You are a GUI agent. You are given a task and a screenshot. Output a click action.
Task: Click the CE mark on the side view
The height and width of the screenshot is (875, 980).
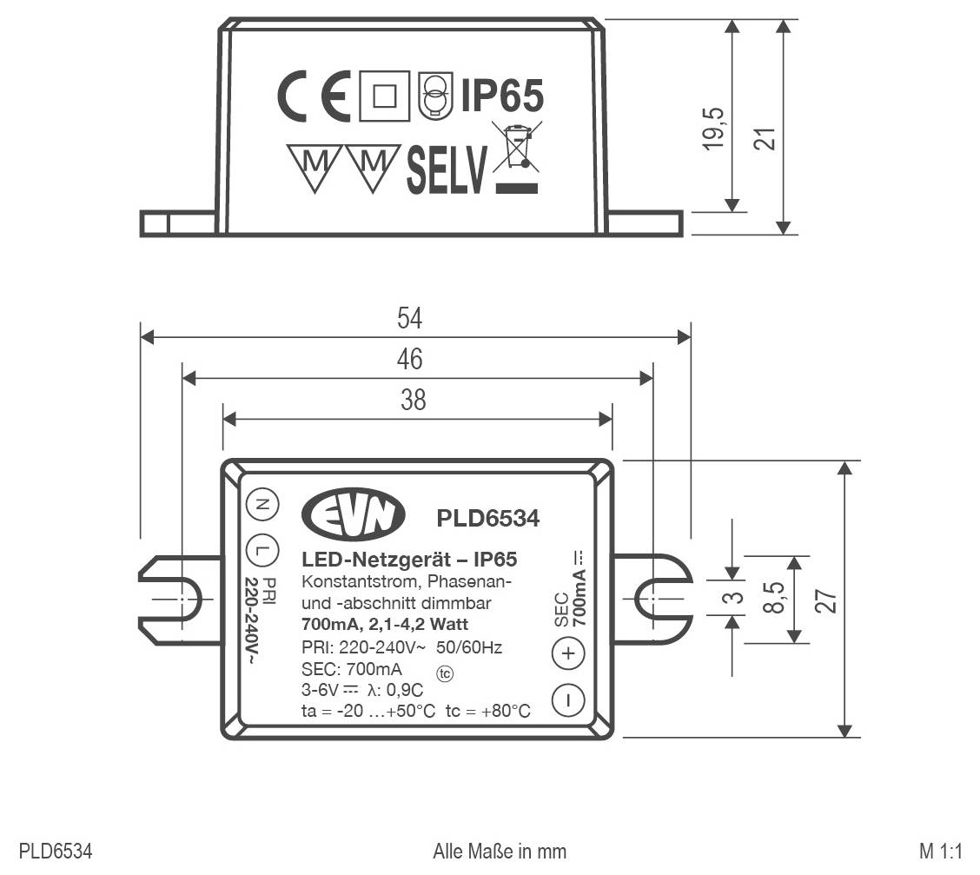coord(313,95)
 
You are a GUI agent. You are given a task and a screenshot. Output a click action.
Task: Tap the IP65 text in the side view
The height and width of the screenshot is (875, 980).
coord(501,96)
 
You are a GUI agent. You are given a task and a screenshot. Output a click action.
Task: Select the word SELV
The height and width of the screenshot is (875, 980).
coord(447,171)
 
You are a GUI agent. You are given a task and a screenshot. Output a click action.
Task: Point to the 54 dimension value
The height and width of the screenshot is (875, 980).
coord(409,318)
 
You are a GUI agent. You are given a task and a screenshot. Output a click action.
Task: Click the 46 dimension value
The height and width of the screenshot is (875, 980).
coord(409,358)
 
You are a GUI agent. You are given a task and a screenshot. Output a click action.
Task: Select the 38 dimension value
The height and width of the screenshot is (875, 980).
coord(413,399)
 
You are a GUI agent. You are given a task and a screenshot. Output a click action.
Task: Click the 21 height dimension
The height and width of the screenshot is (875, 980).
coord(764,137)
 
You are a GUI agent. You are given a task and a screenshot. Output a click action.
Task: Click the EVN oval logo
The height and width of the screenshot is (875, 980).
coord(354,516)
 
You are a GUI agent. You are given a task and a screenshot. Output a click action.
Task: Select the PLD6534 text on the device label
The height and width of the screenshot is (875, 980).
coord(487,518)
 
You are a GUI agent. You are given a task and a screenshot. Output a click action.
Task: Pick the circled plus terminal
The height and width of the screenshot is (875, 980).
coord(568,653)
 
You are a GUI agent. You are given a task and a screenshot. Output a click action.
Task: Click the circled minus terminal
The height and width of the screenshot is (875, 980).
coord(568,699)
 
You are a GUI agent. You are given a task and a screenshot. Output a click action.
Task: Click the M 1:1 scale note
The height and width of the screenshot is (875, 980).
coord(943,849)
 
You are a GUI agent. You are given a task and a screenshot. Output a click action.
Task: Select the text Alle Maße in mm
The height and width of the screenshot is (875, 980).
coord(499,849)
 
